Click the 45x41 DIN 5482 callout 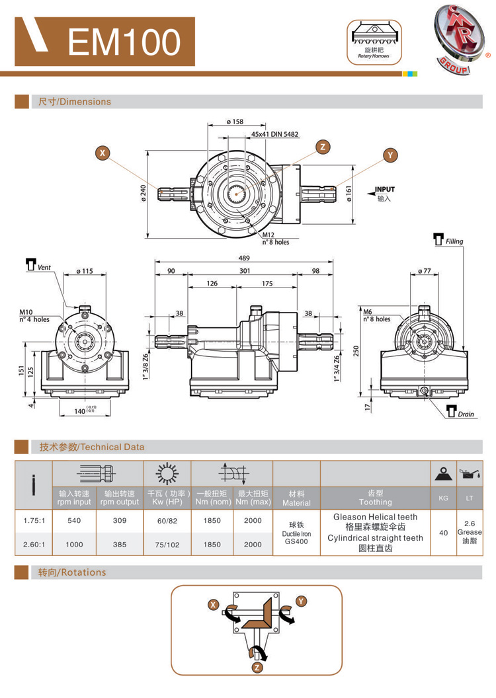point(274,134)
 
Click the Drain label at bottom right point(466,414)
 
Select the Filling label point(454,241)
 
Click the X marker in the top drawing point(103,153)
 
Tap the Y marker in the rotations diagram point(301,601)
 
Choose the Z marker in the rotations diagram point(257,667)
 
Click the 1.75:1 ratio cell point(34,520)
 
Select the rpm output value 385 point(119,545)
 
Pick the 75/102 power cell point(167,545)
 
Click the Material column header point(296,498)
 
